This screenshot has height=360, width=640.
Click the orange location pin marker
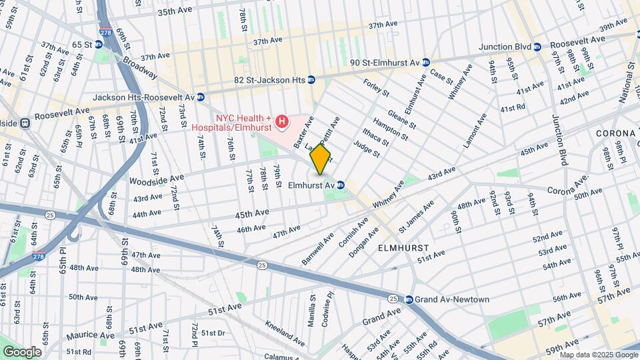pyautogui.click(x=320, y=159)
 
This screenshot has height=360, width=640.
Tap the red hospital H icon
pyautogui.click(x=282, y=121)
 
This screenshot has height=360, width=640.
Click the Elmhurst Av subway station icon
pyautogui.click(x=341, y=185)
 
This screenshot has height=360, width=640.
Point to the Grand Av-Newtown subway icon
pyautogui.click(x=409, y=299)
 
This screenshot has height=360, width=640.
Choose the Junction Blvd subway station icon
pyautogui.click(x=537, y=46)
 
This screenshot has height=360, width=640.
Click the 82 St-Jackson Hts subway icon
pyautogui.click(x=311, y=79)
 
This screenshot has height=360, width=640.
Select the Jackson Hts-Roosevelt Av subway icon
pyautogui.click(x=200, y=97)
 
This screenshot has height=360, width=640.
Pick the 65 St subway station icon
pyautogui.click(x=98, y=44)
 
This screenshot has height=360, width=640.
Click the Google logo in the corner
pyautogui.click(x=22, y=351)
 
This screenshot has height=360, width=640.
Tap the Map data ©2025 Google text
pyautogui.click(x=598, y=355)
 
